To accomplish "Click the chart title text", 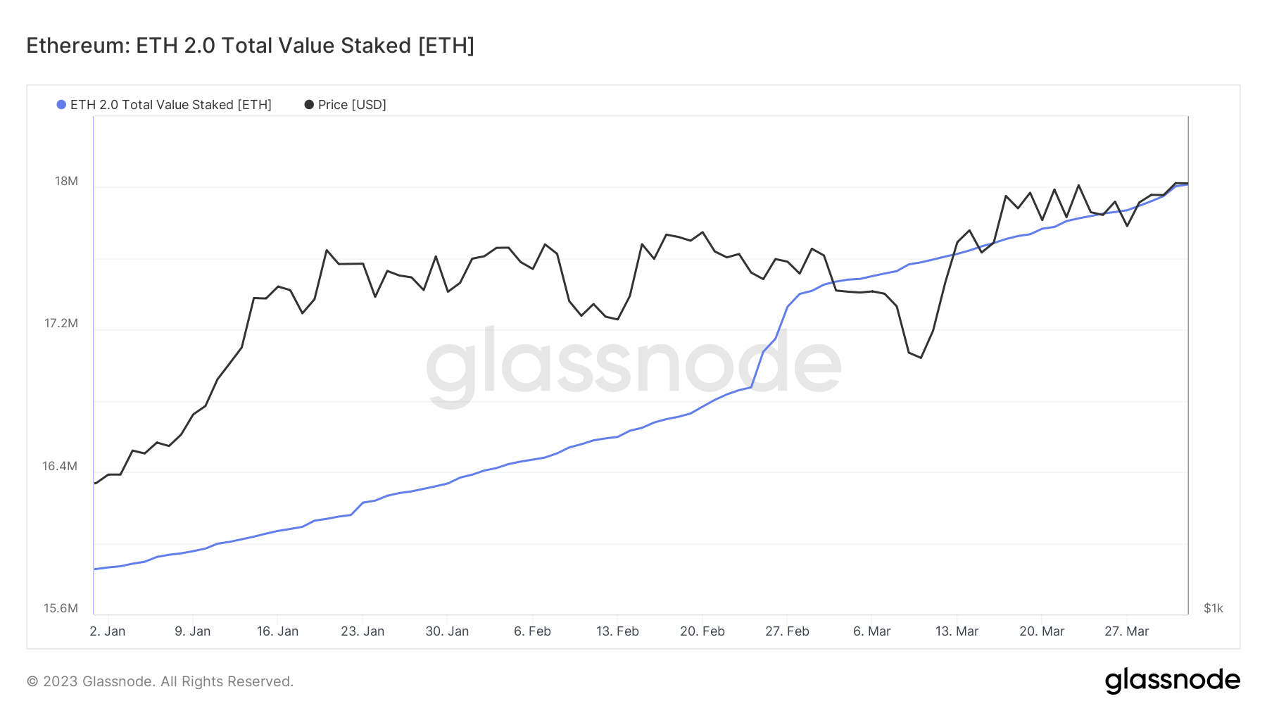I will pos(250,46).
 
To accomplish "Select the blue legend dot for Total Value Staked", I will pos(61,105).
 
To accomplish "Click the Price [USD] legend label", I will pos(352,105).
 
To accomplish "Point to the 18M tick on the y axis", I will pos(66,182).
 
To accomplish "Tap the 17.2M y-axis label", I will pos(61,324).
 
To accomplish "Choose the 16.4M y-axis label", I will pos(60,466).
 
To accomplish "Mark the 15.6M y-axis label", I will pos(61,608).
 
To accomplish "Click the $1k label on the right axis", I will pos(1214,608).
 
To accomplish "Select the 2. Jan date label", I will pos(108,631).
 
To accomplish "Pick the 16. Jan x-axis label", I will pos(277,631).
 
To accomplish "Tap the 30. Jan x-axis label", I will pos(447,631).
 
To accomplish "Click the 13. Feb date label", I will pos(617,631).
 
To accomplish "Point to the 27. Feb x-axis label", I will pos(787,631).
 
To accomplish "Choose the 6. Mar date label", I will pos(871,631).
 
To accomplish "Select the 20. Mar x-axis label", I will pos(1042,631).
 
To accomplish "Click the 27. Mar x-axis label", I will pos(1126,631).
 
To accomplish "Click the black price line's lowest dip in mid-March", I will pos(921,358).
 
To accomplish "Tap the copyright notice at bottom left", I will pos(160,681).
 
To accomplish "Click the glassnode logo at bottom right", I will pos(1172,681).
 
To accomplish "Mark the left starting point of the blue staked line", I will pos(95,569).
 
